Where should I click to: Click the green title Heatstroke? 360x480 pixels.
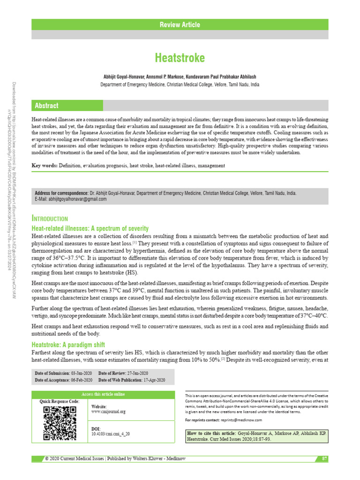pos(180,58)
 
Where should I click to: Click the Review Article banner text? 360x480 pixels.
pos(180,25)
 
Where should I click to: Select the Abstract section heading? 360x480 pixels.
pos(45,105)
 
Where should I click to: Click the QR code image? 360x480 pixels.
pos(60,423)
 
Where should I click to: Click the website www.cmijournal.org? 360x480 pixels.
pos(108,412)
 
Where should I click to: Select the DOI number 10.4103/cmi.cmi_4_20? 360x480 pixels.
pos(111,434)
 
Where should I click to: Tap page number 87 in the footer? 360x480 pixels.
pos(324,458)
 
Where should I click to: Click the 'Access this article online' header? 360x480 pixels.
pos(103,394)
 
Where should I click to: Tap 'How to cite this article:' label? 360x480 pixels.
pos(211,435)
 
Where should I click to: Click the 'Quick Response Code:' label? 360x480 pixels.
pos(60,401)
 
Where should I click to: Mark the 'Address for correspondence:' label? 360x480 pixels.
pos(61,193)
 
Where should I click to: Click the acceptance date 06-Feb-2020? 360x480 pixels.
pos(82,380)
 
